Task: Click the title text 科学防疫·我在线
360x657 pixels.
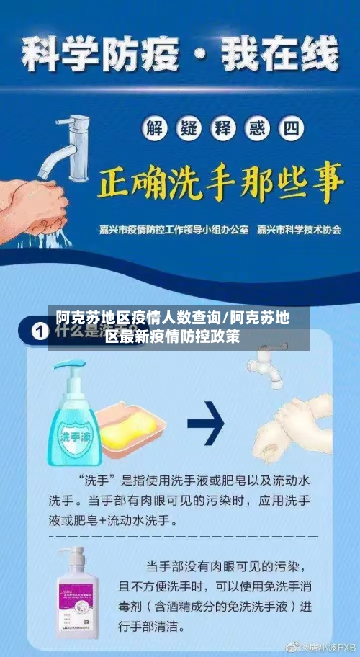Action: point(180,54)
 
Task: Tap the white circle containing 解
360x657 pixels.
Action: point(154,130)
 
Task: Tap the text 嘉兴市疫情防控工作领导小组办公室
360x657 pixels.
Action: point(174,231)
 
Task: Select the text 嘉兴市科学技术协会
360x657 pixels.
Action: point(299,231)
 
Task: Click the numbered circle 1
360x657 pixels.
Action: point(40,334)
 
